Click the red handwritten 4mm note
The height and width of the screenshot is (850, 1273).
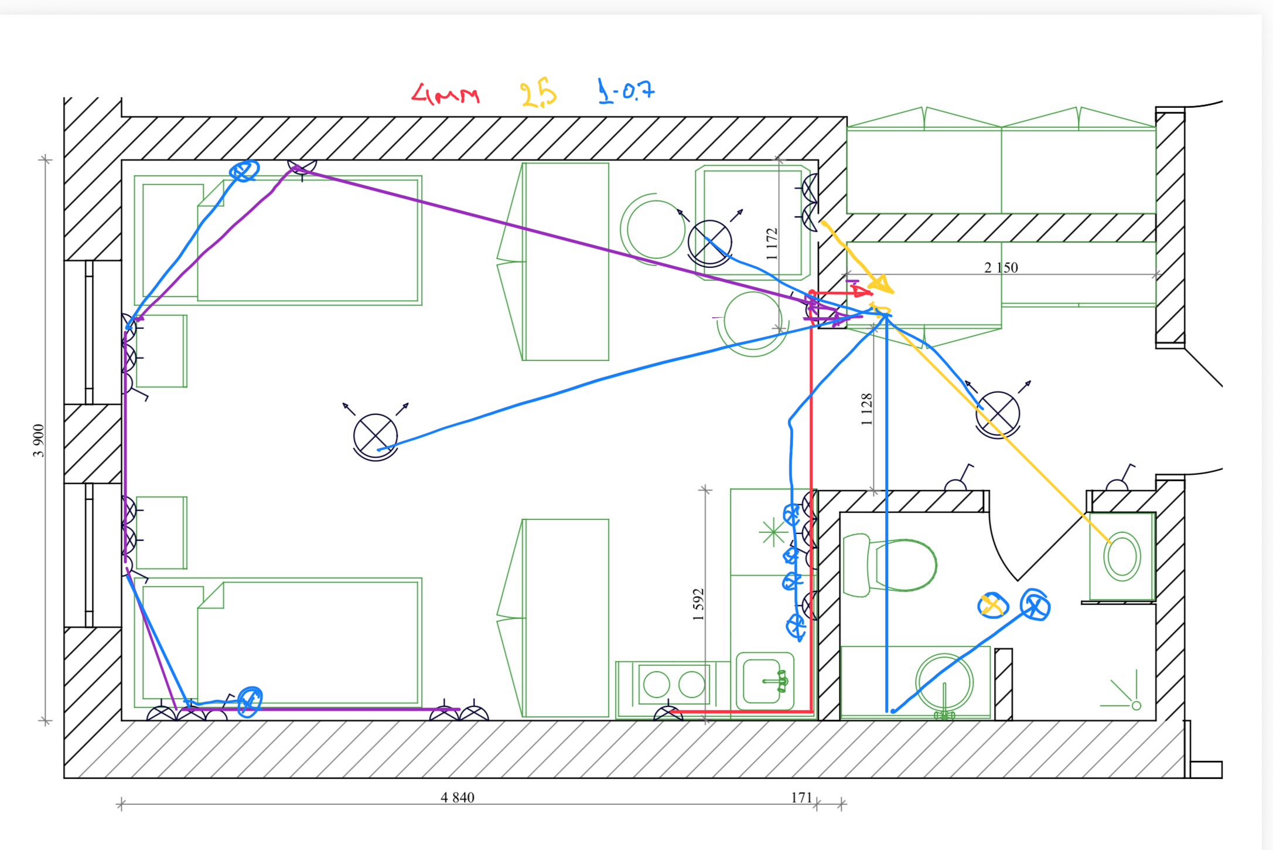pyautogui.click(x=445, y=94)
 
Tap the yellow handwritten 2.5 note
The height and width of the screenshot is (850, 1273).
pyautogui.click(x=538, y=94)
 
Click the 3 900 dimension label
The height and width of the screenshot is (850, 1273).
pyautogui.click(x=39, y=440)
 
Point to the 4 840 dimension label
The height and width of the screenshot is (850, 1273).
pyautogui.click(x=458, y=797)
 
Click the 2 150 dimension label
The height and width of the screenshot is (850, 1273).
pyautogui.click(x=1001, y=268)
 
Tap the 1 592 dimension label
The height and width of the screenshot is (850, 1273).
pyautogui.click(x=698, y=604)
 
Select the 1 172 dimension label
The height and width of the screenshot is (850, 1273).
pyautogui.click(x=772, y=244)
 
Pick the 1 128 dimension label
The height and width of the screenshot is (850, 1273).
pyautogui.click(x=867, y=409)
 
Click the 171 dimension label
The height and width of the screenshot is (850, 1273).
pyautogui.click(x=801, y=797)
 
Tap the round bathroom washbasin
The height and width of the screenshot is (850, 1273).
pyautogui.click(x=944, y=682)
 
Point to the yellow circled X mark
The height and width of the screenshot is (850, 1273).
pyautogui.click(x=992, y=605)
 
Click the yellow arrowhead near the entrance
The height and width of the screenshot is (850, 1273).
pyautogui.click(x=880, y=285)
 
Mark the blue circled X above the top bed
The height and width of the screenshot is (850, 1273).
pyautogui.click(x=244, y=171)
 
